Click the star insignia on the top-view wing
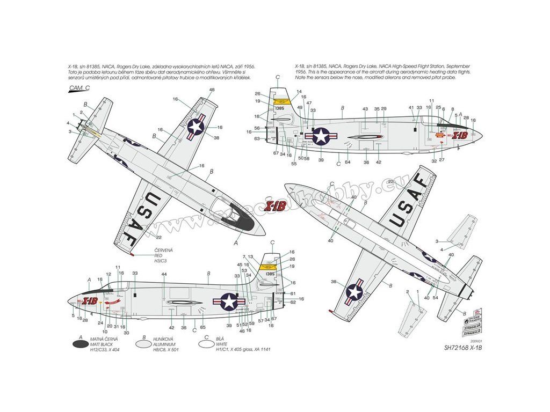tap(196, 127)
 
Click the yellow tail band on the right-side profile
tap(281, 100)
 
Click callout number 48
tap(212, 90)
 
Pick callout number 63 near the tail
tap(257, 139)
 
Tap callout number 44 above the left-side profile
tap(163, 274)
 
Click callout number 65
tap(202, 327)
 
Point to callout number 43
tap(365, 109)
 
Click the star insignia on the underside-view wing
tap(354, 292)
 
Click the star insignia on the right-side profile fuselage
tap(321, 136)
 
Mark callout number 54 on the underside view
tap(435, 298)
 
